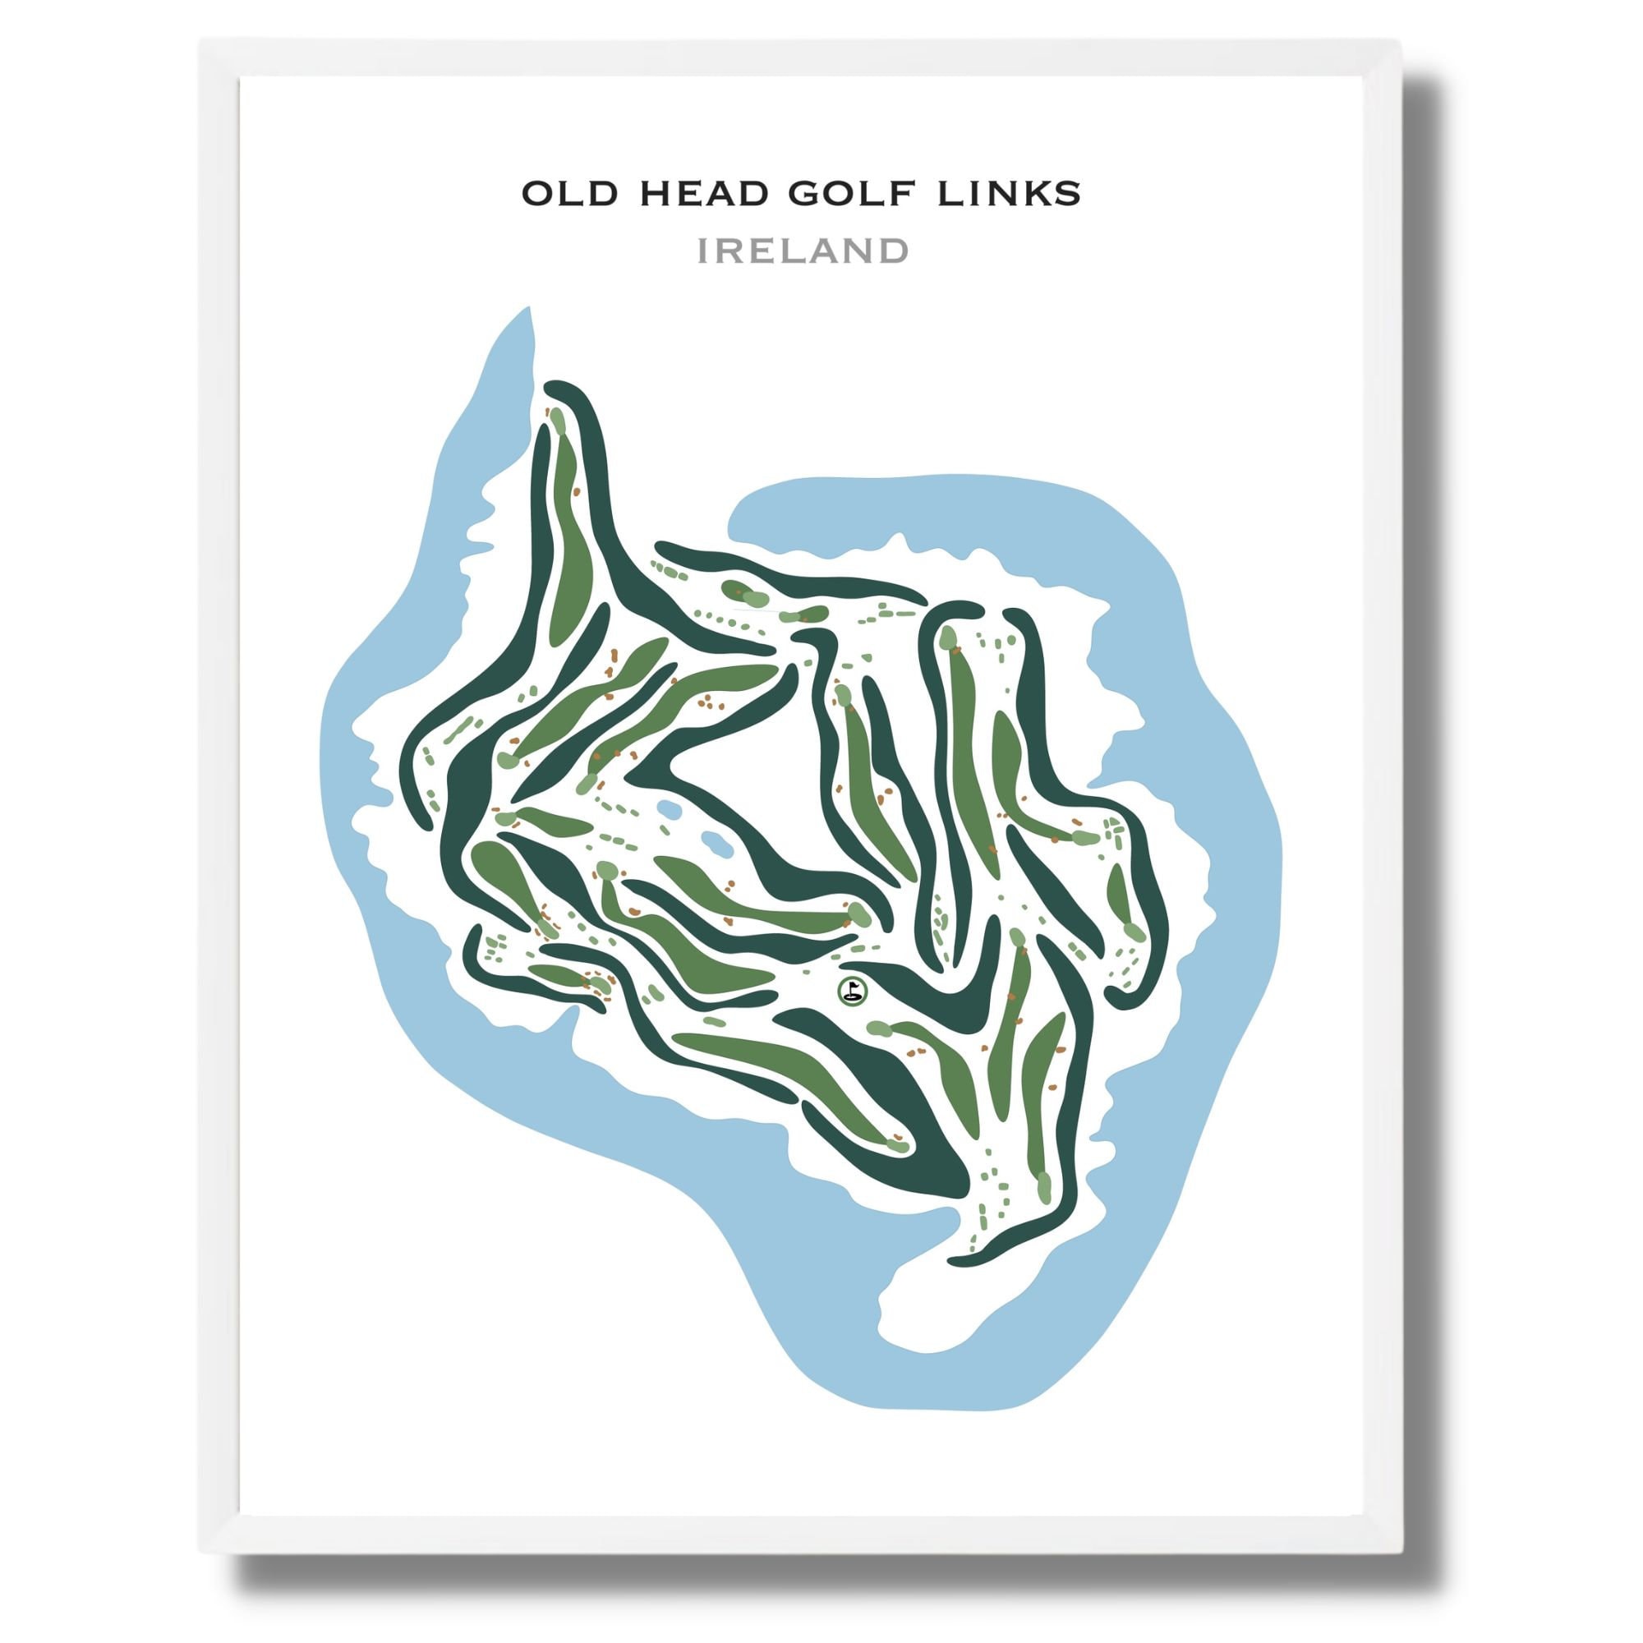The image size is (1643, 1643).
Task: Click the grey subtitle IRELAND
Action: pos(803,251)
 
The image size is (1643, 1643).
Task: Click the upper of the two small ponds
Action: pos(669,808)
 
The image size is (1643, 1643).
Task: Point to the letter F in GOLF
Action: pos(904,195)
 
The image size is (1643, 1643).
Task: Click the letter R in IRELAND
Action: pos(731,251)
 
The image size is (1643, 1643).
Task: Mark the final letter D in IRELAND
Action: pos(894,251)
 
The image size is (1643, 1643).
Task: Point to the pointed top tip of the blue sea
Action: pos(529,308)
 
